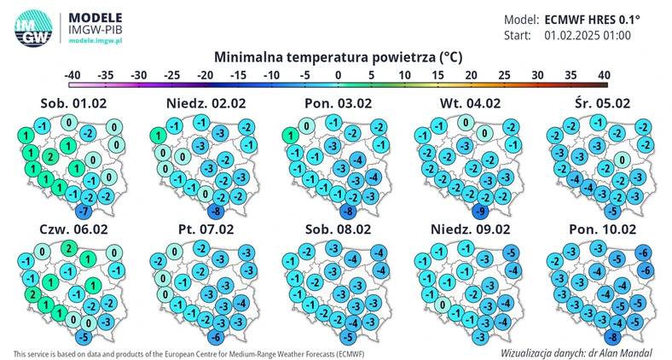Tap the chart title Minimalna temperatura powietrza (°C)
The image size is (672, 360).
pos(339,57)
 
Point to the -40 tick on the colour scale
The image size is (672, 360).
pos(72,75)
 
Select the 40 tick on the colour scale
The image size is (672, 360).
pos(604,75)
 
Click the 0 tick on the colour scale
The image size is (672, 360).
pos(339,75)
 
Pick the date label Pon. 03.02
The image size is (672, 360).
pos(334,104)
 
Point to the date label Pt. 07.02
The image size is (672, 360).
pos(202,230)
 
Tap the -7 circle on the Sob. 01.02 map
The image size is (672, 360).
pos(83,210)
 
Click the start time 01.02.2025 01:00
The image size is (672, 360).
pos(588,36)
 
